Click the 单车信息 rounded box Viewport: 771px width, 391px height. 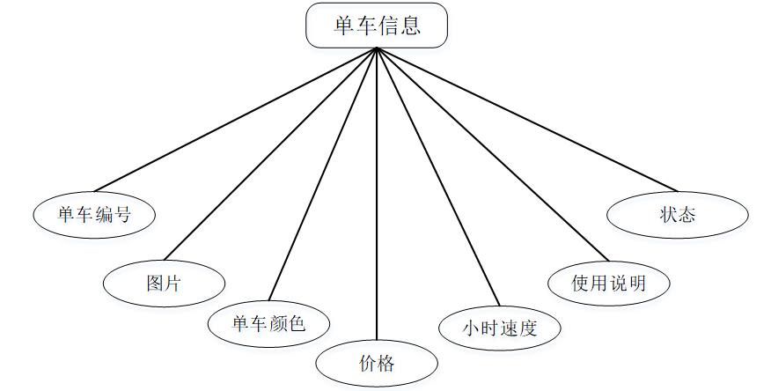tap(377, 25)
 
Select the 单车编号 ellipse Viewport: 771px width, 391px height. tap(94, 214)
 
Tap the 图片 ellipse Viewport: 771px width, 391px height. tap(164, 283)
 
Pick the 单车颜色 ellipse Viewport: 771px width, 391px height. tap(268, 323)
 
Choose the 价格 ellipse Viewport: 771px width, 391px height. tap(377, 364)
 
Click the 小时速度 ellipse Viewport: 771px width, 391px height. tap(500, 328)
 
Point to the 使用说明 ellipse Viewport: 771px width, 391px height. tap(608, 283)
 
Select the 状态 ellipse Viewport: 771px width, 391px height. tap(678, 214)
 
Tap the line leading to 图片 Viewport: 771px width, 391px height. tap(271, 154)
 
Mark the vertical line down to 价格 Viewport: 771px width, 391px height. tap(377, 194)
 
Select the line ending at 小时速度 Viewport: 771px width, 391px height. tap(437, 175)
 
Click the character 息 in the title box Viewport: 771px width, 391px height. tap(410, 25)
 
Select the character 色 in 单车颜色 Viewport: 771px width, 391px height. tap(297, 323)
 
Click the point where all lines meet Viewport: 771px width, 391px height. tap(377, 48)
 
